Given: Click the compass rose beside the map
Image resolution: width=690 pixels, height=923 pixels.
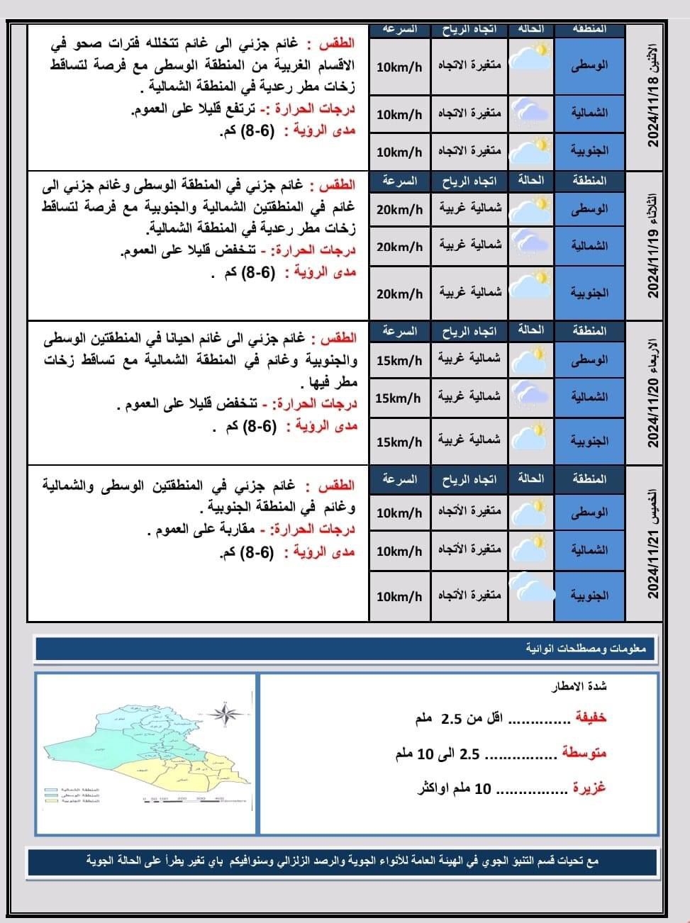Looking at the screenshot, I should [x=227, y=714].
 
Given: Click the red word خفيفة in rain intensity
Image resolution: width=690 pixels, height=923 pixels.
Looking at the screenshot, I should [x=590, y=718].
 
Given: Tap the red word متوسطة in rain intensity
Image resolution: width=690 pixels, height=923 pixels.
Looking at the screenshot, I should [x=584, y=753].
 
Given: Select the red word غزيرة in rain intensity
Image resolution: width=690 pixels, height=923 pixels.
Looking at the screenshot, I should [x=589, y=788].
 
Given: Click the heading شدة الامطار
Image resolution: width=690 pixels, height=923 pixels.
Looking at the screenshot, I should [x=580, y=686].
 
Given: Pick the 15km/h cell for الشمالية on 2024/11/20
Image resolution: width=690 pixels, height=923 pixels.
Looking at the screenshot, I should [x=399, y=398].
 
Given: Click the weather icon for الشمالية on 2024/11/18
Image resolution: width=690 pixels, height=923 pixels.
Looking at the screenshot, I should [x=531, y=112].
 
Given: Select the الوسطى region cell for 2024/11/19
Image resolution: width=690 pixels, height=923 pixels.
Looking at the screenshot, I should [x=589, y=210].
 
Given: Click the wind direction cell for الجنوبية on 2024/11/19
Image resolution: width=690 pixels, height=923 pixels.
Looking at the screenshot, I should [x=469, y=292].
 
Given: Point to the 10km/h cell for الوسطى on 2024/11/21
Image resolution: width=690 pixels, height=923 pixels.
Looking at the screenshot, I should [x=399, y=513].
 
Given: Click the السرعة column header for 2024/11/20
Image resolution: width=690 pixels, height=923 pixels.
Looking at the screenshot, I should [x=399, y=331].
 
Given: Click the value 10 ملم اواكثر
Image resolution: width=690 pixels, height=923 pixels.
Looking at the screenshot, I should [x=454, y=788].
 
